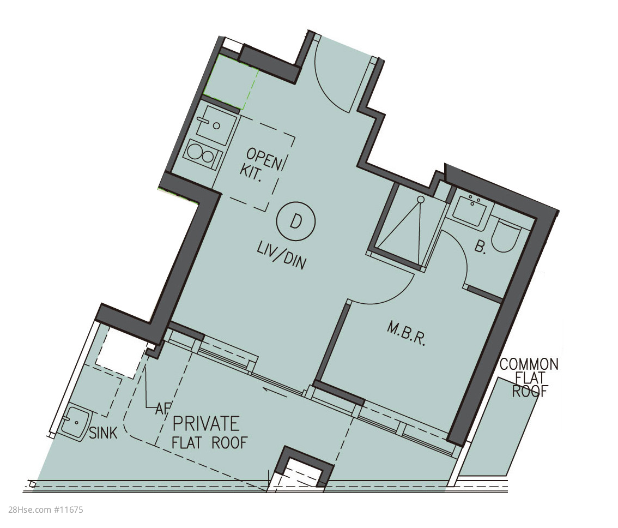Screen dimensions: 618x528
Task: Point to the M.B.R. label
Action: (x=407, y=334)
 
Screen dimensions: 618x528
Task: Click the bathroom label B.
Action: (x=480, y=247)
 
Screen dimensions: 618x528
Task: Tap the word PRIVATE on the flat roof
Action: (x=206, y=423)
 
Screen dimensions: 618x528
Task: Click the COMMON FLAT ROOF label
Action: (x=529, y=377)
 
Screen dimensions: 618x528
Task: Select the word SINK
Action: (x=103, y=433)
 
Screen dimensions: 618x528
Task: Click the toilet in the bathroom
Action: (x=506, y=236)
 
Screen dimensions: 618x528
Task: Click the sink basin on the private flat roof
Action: (x=76, y=423)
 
